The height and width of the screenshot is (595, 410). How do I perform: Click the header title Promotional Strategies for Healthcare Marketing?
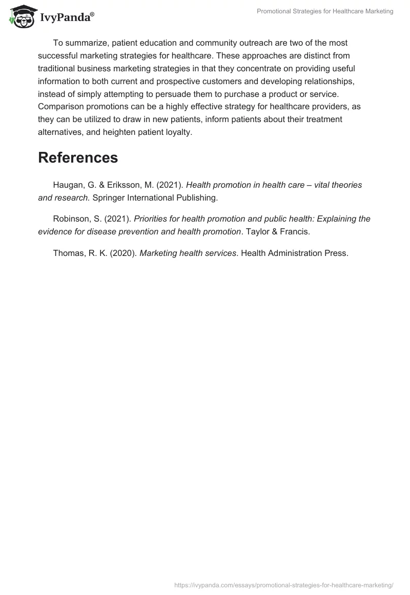tap(325, 11)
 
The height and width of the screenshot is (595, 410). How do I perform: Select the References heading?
tap(78, 157)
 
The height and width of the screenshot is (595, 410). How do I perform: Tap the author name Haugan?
tap(68, 185)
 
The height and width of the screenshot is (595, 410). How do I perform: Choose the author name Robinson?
tap(72, 219)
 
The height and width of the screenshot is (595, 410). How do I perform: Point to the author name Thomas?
tap(68, 253)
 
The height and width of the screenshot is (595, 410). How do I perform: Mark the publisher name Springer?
tap(109, 197)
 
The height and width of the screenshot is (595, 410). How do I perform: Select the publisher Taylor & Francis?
tap(277, 231)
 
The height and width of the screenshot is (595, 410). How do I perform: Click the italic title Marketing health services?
tap(188, 253)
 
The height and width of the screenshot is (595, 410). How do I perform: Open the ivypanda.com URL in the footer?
tap(283, 585)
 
